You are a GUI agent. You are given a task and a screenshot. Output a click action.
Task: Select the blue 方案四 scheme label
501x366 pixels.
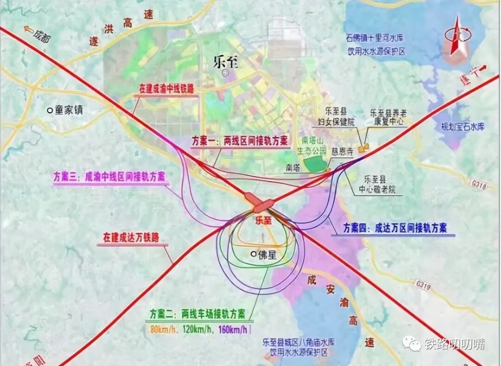coord(395,228)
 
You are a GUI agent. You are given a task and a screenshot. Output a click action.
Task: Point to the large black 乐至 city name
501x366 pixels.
coord(226,62)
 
